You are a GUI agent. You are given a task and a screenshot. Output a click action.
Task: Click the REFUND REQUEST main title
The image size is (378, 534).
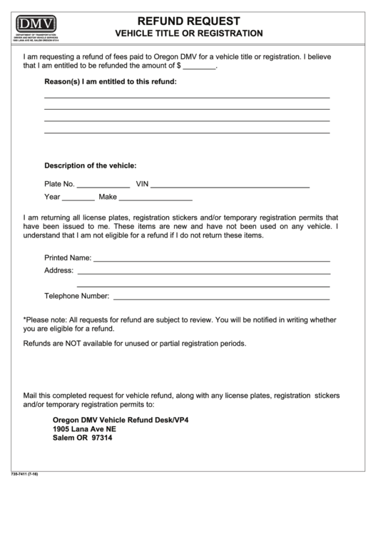189,21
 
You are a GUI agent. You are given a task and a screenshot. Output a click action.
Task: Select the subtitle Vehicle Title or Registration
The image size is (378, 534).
189,34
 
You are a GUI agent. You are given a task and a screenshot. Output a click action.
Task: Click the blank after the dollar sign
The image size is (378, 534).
203,66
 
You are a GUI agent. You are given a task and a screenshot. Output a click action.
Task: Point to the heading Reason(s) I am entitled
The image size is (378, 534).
111,82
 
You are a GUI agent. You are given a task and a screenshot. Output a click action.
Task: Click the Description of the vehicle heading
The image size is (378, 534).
91,165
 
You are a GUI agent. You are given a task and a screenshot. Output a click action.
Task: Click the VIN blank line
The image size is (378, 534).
230,185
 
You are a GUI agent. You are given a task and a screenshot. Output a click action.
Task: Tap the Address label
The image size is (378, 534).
58,271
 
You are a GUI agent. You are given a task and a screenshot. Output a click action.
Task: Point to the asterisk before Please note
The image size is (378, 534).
25,321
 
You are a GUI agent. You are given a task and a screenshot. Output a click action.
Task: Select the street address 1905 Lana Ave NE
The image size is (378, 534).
84,429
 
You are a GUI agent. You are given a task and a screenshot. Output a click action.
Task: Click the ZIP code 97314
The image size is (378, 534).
101,438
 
